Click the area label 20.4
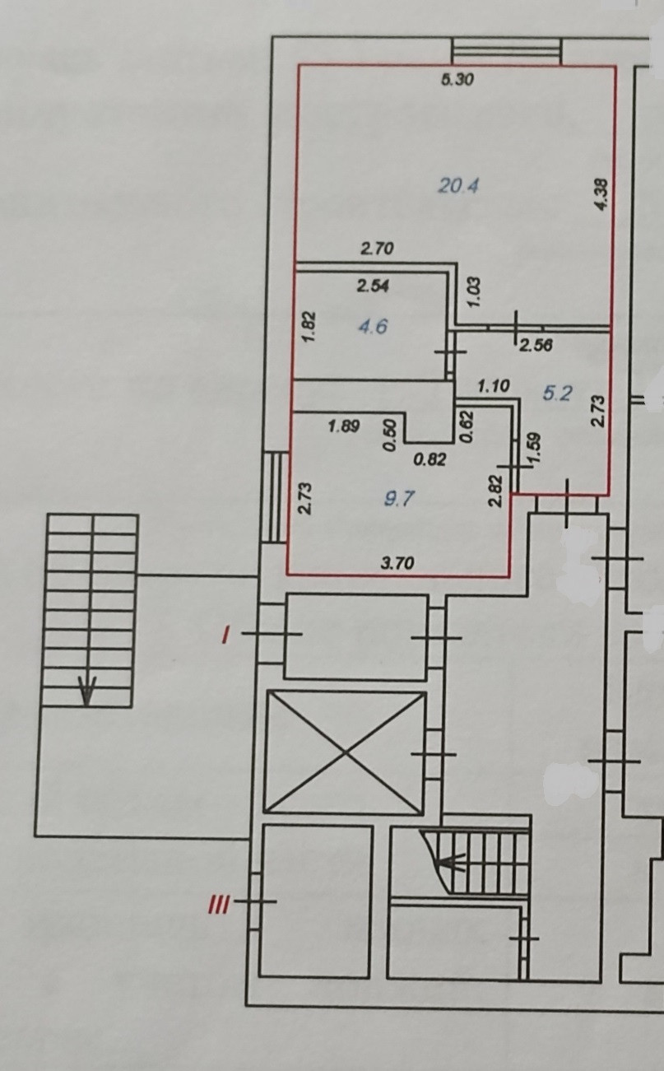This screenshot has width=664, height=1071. click(458, 186)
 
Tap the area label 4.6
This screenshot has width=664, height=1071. click(373, 327)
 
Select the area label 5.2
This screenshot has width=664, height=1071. click(557, 393)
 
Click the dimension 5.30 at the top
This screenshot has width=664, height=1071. click(458, 81)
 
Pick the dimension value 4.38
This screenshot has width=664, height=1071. click(601, 195)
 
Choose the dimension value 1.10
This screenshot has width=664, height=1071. click(495, 384)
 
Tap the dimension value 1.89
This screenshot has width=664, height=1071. click(344, 426)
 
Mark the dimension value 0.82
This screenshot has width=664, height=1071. click(430, 460)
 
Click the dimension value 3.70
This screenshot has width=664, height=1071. click(397, 564)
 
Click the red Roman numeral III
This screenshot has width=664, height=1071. click(217, 906)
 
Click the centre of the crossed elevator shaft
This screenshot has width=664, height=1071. click(346, 751)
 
